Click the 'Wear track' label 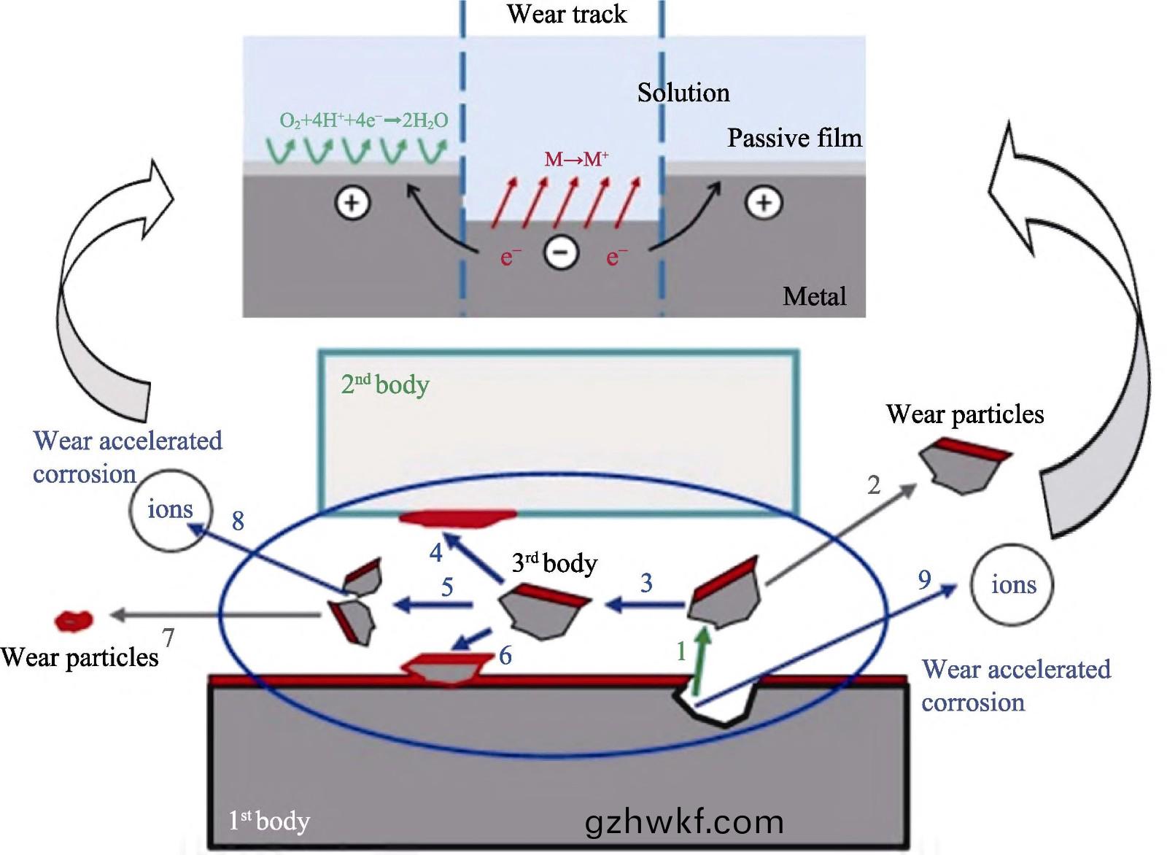tap(567, 15)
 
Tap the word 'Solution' tap(683, 93)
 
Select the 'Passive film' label tap(794, 138)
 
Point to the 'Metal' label tap(814, 296)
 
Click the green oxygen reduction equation tap(363, 121)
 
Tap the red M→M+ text tap(576, 159)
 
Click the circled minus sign tap(561, 253)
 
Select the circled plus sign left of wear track tap(352, 203)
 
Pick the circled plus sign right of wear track tap(764, 203)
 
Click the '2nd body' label tap(385, 384)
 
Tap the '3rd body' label tap(554, 563)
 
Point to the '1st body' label tap(269, 821)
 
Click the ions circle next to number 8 tap(171, 509)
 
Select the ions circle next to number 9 tap(1012, 584)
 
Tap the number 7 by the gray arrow tap(168, 637)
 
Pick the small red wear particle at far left tap(74, 621)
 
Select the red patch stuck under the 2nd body tap(457, 519)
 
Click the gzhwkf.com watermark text tap(684, 822)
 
